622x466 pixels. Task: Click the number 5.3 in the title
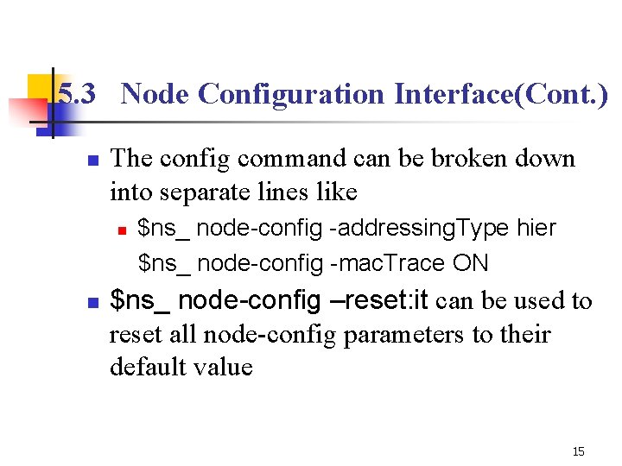[76, 94]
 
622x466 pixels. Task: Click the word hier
[536, 229]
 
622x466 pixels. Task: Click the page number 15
[578, 451]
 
